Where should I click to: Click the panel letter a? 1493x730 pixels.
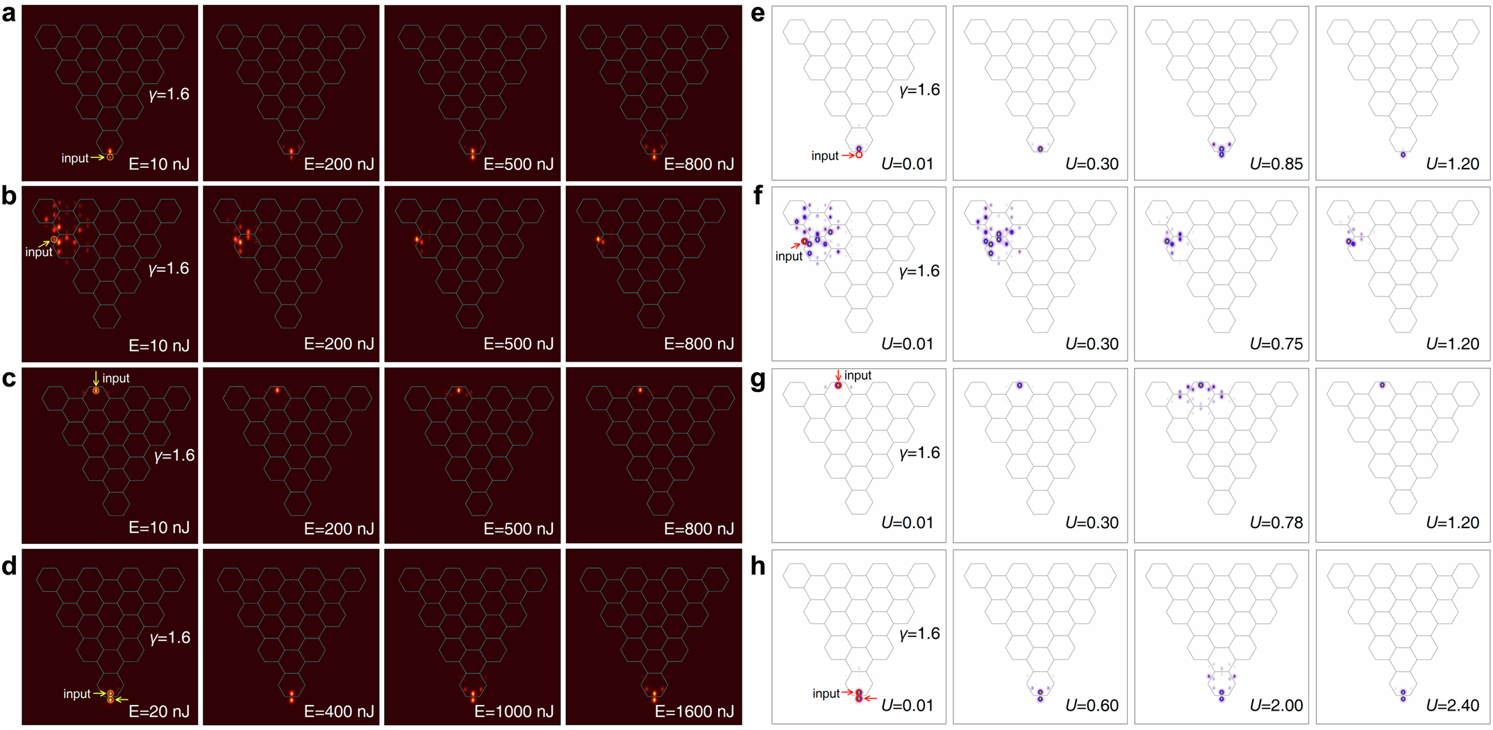click(8, 13)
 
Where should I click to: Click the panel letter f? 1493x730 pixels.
click(758, 196)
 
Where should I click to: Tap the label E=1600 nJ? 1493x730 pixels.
click(694, 711)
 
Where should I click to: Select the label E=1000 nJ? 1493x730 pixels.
click(513, 711)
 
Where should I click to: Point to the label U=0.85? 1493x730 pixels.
click(1276, 164)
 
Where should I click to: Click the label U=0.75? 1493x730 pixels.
click(1276, 344)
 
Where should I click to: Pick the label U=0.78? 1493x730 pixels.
click(1276, 523)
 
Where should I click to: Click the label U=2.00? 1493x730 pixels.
click(1276, 706)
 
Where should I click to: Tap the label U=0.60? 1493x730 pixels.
click(1092, 706)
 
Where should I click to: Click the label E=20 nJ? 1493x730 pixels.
click(158, 711)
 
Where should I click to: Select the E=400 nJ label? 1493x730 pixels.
click(339, 711)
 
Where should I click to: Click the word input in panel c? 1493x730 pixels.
click(116, 378)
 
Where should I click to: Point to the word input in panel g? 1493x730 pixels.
click(858, 375)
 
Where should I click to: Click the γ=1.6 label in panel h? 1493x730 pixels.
click(919, 634)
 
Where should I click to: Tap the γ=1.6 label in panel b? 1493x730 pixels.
click(169, 269)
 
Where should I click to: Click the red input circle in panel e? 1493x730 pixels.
click(859, 155)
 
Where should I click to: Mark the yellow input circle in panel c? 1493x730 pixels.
click(96, 391)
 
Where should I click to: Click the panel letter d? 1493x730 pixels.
click(9, 566)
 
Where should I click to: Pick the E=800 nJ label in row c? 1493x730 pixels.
click(699, 529)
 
